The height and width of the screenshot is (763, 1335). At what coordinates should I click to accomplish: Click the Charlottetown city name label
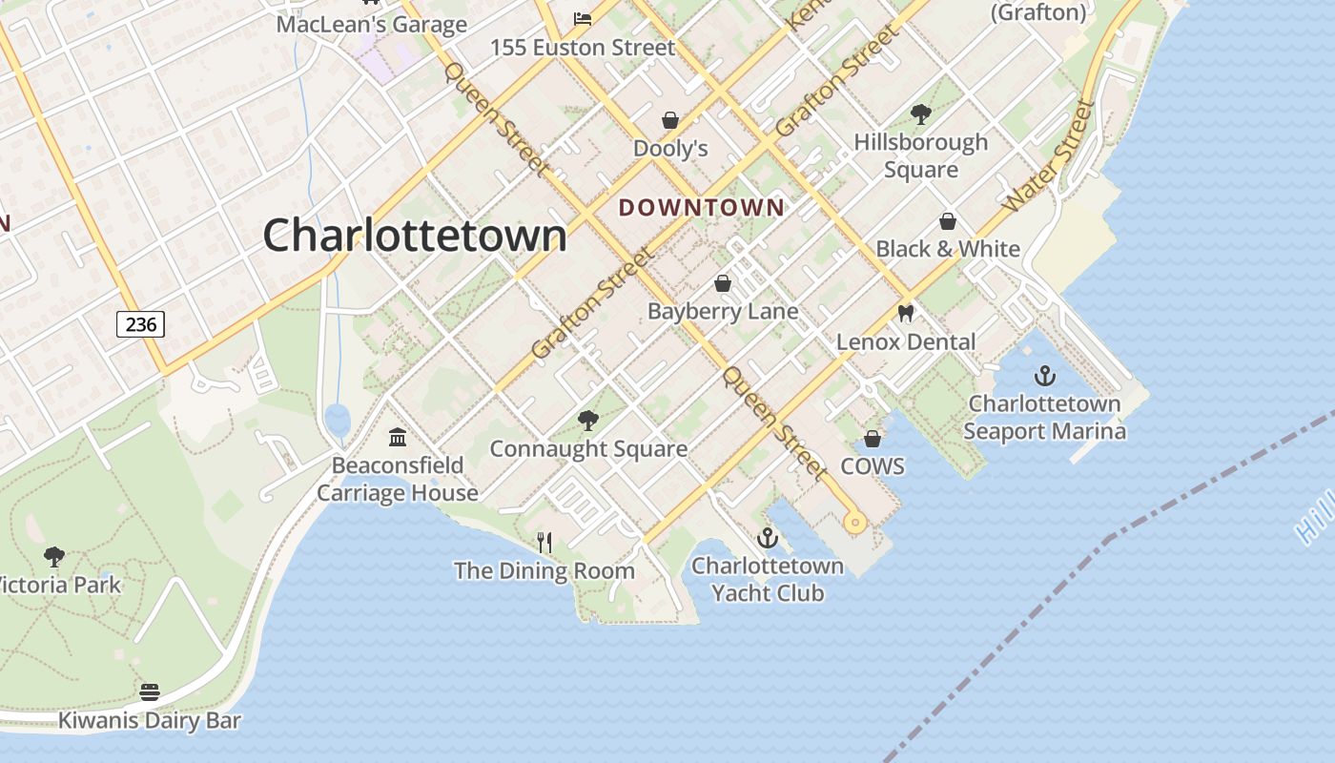[415, 236]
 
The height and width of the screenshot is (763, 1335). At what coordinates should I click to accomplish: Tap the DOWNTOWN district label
[702, 207]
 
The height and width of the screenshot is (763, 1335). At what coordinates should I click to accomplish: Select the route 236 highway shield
[141, 324]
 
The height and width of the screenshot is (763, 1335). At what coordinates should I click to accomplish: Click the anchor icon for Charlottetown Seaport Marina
[1045, 375]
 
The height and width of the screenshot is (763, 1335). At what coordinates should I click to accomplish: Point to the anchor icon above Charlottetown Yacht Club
[768, 539]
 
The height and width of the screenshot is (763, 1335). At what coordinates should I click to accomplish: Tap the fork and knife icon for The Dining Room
[544, 543]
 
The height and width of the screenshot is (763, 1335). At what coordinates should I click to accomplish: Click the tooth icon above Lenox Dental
[906, 313]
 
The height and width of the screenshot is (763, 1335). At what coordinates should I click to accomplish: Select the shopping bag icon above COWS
[872, 439]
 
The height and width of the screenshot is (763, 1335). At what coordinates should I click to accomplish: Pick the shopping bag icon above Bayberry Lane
[723, 283]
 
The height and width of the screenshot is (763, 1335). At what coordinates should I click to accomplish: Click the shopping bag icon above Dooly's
[670, 120]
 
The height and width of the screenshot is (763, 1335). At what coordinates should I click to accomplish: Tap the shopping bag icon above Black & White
[948, 221]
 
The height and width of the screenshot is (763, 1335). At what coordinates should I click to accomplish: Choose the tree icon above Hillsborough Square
[920, 114]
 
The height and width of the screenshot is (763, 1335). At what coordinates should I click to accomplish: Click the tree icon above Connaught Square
[588, 420]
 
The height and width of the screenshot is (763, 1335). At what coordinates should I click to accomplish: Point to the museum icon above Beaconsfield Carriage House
[398, 437]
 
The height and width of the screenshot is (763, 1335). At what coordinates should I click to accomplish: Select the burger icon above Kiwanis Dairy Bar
[150, 691]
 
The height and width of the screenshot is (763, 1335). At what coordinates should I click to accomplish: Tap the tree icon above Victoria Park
[54, 556]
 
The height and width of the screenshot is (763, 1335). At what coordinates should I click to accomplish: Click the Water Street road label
[1047, 156]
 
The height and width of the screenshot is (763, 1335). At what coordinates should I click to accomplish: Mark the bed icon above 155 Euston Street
[583, 18]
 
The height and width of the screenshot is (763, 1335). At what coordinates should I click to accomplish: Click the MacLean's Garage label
[371, 24]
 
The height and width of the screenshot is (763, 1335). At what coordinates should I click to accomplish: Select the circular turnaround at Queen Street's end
[854, 522]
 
